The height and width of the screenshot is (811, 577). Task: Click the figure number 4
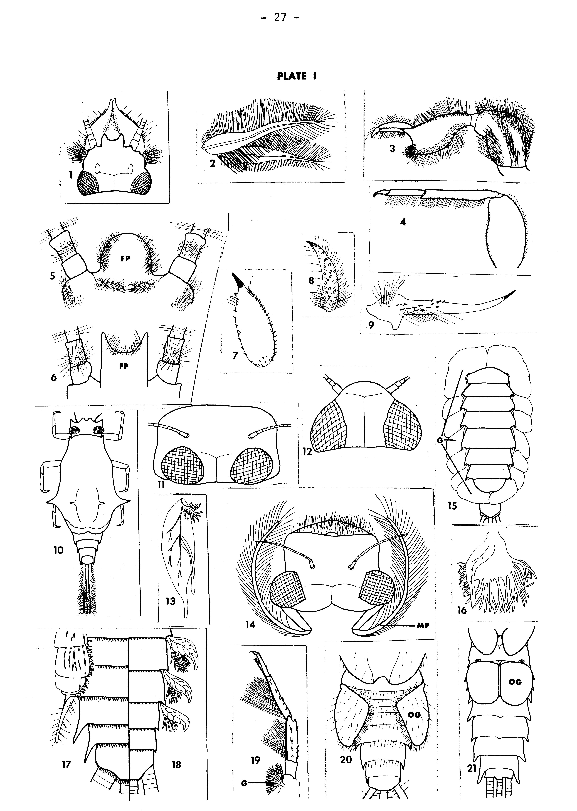403,222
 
